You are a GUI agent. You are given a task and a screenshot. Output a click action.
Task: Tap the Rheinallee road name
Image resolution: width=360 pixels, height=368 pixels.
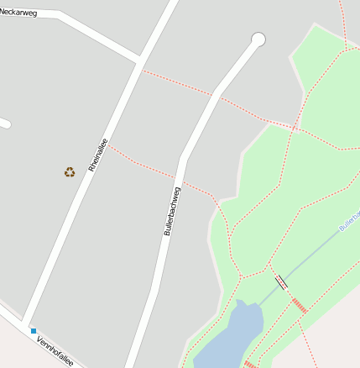(96, 155)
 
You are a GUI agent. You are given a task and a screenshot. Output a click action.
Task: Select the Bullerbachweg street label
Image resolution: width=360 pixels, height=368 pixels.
(173, 210)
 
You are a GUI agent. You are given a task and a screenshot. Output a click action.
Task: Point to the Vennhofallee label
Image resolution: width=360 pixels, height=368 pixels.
(55, 351)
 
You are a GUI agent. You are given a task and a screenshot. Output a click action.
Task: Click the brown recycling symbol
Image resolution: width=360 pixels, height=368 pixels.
(70, 172)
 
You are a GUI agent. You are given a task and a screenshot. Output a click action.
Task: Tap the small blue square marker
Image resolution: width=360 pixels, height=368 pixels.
(34, 331)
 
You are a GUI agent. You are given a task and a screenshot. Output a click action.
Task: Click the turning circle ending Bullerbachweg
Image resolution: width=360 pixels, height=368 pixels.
(258, 39)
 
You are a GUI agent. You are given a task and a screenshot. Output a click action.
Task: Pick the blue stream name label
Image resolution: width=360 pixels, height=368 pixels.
(349, 220)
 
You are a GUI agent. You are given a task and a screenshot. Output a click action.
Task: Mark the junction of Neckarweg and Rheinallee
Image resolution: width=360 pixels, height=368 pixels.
(139, 60)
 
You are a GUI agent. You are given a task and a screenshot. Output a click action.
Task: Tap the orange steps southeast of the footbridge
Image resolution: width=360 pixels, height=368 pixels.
(300, 306)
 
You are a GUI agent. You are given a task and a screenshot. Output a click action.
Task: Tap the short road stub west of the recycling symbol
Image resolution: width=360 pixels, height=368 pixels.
(4, 123)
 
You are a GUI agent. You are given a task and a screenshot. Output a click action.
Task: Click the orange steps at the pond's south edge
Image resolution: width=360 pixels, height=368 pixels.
(249, 364)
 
